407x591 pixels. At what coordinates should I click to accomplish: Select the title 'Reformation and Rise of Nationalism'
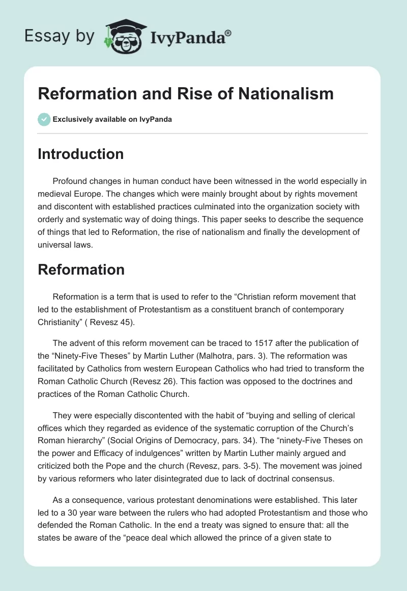186,94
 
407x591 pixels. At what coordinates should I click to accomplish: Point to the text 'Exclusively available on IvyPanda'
112,120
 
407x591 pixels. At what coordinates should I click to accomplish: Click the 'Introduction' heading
80,154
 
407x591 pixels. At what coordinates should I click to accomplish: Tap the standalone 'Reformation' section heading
81,270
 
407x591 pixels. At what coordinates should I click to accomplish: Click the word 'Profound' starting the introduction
69,181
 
